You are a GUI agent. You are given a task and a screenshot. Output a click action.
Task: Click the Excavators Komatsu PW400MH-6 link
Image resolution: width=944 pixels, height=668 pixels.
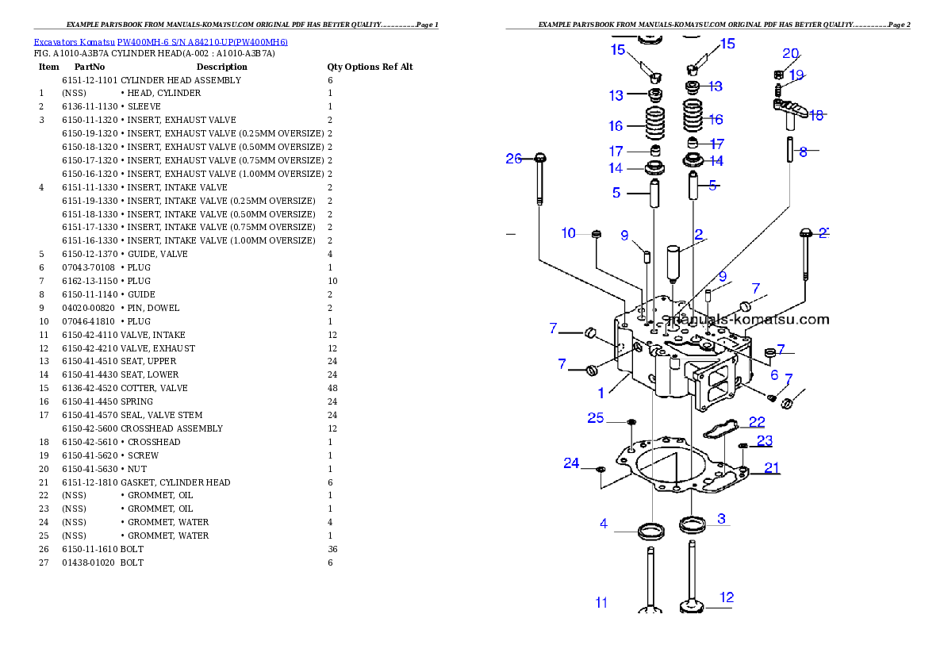[159, 42]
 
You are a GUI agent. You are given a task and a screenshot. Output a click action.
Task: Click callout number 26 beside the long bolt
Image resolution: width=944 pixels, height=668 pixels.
[514, 159]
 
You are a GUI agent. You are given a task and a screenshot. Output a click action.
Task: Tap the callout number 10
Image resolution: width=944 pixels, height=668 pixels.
[569, 233]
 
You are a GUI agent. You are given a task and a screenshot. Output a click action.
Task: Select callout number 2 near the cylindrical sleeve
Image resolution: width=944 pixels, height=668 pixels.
[699, 234]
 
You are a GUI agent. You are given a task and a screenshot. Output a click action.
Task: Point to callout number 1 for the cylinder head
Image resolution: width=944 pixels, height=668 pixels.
[601, 393]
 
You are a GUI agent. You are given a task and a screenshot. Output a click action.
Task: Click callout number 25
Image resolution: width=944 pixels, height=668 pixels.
[596, 418]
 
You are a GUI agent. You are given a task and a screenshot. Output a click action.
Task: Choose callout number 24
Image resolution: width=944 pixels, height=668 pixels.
[571, 463]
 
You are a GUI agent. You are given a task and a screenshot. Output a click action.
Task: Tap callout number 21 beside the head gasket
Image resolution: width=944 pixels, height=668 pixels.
[772, 468]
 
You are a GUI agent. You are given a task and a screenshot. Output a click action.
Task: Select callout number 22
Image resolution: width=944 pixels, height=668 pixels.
[757, 422]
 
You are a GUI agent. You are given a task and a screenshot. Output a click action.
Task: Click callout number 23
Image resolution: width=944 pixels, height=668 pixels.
[764, 441]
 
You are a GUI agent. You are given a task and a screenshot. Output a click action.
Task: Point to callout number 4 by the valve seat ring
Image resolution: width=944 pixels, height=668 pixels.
[604, 524]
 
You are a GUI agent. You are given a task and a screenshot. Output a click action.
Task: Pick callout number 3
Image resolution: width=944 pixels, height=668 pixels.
[721, 519]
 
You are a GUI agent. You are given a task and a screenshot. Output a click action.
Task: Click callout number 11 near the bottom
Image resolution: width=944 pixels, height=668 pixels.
[601, 603]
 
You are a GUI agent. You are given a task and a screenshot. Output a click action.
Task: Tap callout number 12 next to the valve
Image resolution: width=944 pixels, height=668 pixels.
[726, 597]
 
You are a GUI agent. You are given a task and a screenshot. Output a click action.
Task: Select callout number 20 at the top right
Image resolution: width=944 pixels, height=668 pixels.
[791, 54]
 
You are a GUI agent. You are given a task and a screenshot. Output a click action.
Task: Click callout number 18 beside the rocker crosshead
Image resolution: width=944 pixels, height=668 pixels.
[816, 115]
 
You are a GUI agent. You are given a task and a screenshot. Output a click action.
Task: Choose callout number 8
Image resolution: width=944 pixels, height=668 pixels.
[804, 152]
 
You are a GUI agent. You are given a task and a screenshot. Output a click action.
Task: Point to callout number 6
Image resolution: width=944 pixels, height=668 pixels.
[774, 375]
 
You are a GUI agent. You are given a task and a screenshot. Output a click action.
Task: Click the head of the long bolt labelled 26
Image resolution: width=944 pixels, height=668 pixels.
[539, 157]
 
